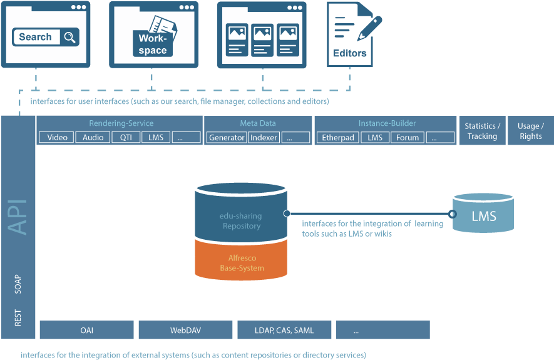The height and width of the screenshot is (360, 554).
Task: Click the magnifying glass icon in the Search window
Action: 69,37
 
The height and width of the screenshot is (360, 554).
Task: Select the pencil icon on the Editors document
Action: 369,28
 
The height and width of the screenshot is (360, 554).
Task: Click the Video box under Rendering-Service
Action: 56,138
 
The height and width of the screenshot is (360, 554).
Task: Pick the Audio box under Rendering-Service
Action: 93,138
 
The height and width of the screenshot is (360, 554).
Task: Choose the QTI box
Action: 126,138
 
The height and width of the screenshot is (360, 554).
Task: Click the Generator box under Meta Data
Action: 227,138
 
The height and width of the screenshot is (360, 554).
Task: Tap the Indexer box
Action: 264,138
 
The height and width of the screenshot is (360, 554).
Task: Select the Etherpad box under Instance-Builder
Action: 338,138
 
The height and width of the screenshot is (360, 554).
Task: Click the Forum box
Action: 408,138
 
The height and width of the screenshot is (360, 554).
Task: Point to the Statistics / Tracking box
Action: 482,131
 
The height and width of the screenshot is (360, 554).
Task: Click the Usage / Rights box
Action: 531,131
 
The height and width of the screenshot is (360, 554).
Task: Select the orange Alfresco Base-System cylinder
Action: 241,260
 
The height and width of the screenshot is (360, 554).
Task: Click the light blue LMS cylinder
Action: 483,213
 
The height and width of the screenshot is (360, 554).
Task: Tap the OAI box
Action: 87,330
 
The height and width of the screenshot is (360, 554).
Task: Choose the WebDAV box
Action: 185,330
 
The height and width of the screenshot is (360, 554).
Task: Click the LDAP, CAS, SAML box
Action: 284,330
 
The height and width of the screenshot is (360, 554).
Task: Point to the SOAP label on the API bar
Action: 18,284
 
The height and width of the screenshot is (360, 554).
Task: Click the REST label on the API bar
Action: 18,317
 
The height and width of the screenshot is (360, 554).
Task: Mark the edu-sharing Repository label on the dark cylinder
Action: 240,221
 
